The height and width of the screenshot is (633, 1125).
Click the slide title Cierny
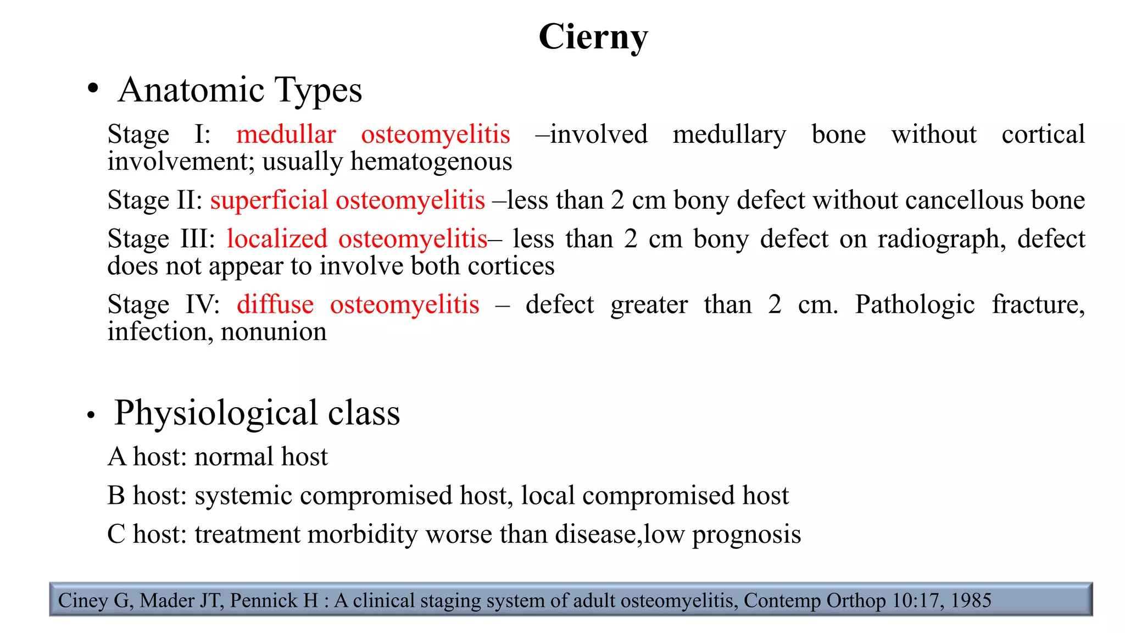click(593, 37)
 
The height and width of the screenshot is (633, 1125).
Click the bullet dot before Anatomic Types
click(93, 88)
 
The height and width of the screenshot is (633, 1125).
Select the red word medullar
click(286, 135)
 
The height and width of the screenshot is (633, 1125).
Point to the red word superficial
click(269, 200)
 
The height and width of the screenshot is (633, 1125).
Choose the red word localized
click(277, 239)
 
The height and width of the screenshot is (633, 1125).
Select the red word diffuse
click(275, 304)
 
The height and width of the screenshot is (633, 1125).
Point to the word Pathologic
click(915, 305)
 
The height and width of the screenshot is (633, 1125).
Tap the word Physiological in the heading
click(216, 413)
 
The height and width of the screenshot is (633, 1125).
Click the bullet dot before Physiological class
click(91, 415)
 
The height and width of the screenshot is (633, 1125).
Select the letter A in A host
click(116, 457)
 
